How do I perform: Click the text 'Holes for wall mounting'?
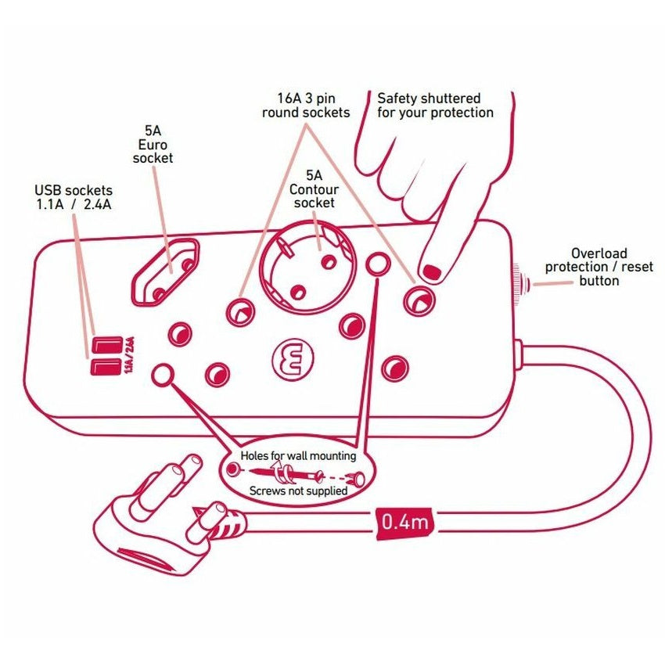[x=298, y=455]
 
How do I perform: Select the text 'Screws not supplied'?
[x=298, y=491]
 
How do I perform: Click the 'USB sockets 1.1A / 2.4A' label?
[x=74, y=196]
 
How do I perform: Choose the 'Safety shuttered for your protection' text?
[x=435, y=106]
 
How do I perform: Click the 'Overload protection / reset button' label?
[x=598, y=267]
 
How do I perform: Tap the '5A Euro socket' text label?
[x=153, y=145]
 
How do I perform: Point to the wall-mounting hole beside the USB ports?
[x=162, y=375]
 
